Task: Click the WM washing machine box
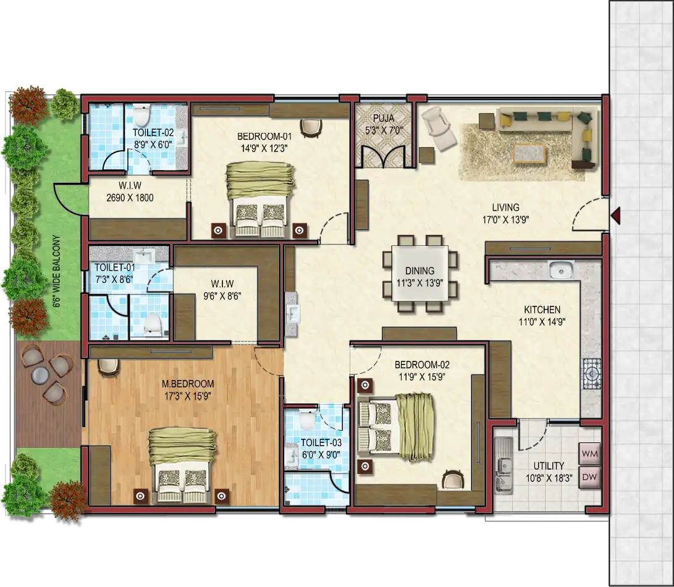[x=589, y=454]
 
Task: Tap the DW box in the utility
[x=589, y=478]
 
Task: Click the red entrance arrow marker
[x=615, y=214]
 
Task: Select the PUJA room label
[x=384, y=118]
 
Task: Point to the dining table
[x=419, y=274]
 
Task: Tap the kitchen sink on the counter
[x=561, y=270]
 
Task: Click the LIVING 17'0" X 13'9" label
[x=505, y=213]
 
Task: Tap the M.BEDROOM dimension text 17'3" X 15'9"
[x=187, y=396]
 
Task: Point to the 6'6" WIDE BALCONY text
[x=56, y=271]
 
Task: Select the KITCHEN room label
[x=542, y=310]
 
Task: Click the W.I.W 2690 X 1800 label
[x=130, y=192]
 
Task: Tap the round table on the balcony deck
[x=40, y=375]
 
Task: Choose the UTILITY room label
[x=549, y=466]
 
